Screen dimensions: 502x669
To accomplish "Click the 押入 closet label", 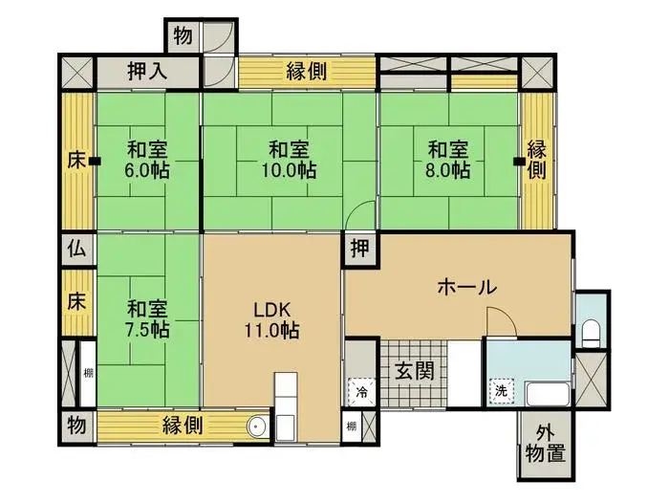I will (148, 72).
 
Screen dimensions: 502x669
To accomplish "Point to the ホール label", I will (466, 286).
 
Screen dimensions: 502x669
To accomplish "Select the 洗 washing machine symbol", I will (500, 390).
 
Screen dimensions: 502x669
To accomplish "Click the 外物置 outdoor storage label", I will (550, 445).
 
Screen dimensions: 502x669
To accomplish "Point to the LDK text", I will (270, 310).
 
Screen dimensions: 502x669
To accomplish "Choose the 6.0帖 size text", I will (147, 171).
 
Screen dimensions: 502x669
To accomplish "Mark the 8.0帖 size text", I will (447, 171).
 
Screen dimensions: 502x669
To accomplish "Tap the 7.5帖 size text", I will (147, 330).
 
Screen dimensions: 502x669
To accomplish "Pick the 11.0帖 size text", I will (270, 331).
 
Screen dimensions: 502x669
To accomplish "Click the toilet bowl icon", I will (591, 333).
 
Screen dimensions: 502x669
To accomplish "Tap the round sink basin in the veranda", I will (256, 427).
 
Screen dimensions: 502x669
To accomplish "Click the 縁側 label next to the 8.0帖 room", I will (537, 160).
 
